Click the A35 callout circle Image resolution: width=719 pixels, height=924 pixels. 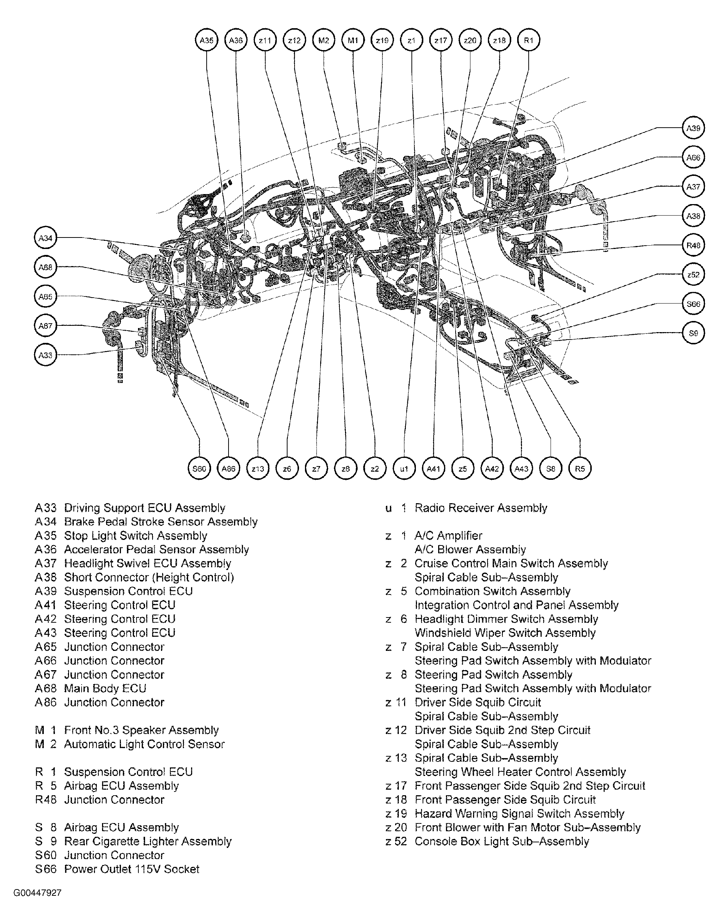[x=206, y=40]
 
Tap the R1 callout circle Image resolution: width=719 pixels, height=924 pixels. [x=529, y=40]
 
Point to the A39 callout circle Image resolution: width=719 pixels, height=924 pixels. [x=693, y=128]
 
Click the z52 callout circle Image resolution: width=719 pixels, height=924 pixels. [x=693, y=275]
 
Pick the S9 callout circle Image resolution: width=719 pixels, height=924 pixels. [x=693, y=333]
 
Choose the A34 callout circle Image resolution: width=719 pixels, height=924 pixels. [x=45, y=238]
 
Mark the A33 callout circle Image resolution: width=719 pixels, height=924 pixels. [x=45, y=355]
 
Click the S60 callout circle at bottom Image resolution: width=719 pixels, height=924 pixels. [x=199, y=468]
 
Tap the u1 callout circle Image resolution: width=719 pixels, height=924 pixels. [x=404, y=468]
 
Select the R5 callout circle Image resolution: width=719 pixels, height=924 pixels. [x=580, y=468]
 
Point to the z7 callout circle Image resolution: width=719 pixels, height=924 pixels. [x=316, y=468]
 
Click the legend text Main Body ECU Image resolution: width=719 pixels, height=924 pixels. [x=105, y=688]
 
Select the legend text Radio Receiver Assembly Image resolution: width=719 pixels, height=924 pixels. [x=480, y=508]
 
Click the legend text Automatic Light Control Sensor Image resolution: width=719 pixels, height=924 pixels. [x=144, y=744]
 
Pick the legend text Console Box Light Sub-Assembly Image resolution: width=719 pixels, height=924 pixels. [x=502, y=841]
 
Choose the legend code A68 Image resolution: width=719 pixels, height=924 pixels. [x=45, y=688]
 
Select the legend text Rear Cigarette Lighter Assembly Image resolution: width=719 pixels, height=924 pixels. [x=148, y=841]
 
